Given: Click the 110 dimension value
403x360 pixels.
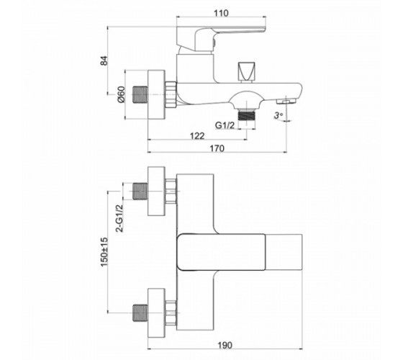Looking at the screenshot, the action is [x=221, y=13].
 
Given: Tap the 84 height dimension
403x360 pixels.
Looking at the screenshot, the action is [x=104, y=60].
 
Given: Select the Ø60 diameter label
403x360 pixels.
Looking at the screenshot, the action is [x=121, y=94].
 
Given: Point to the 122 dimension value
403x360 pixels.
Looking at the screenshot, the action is [x=197, y=135].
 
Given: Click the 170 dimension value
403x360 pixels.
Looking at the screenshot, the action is [x=217, y=148].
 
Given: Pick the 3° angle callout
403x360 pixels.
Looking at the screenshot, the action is [x=278, y=115].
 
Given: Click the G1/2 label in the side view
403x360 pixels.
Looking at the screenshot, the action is [x=225, y=125].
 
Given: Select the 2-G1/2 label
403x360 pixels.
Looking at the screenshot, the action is [x=119, y=218].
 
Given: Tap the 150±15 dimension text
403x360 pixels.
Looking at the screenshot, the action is [x=104, y=252].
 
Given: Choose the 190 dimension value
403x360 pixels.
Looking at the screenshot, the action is [x=225, y=345].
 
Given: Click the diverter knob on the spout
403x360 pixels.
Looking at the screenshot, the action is [x=246, y=72].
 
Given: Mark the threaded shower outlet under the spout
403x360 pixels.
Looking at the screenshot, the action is [x=247, y=115].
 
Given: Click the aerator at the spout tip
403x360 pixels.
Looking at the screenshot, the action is [x=286, y=102].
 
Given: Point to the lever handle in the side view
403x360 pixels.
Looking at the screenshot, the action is [x=221, y=39].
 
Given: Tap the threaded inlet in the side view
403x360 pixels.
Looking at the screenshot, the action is [x=140, y=94].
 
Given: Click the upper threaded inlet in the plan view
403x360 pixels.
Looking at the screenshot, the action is [x=140, y=191].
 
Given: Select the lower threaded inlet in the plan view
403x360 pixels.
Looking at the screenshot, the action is [x=140, y=313].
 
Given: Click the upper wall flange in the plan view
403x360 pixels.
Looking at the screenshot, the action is [x=156, y=191].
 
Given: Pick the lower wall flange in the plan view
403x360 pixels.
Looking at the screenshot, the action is [x=156, y=313].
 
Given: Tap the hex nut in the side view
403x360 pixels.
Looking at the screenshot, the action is [x=171, y=94].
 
